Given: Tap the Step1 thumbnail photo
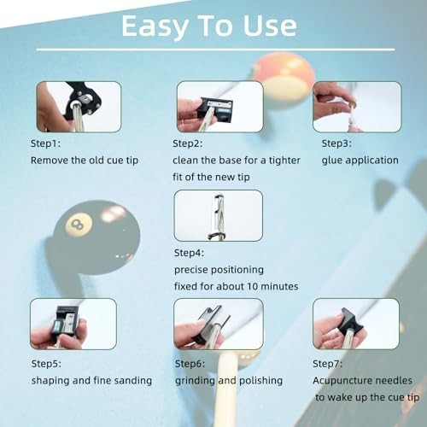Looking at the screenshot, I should point(78,107).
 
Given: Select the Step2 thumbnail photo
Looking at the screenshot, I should point(219,107).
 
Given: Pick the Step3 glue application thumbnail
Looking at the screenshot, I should point(356,107).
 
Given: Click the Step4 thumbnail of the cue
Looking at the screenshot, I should point(218,215).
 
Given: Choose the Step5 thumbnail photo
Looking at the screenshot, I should point(73,324).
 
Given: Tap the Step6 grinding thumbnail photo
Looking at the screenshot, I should point(218,324).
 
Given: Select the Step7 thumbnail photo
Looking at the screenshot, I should point(356,324).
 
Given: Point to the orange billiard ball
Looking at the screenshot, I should point(282,79).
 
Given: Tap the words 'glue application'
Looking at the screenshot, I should point(360,160).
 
